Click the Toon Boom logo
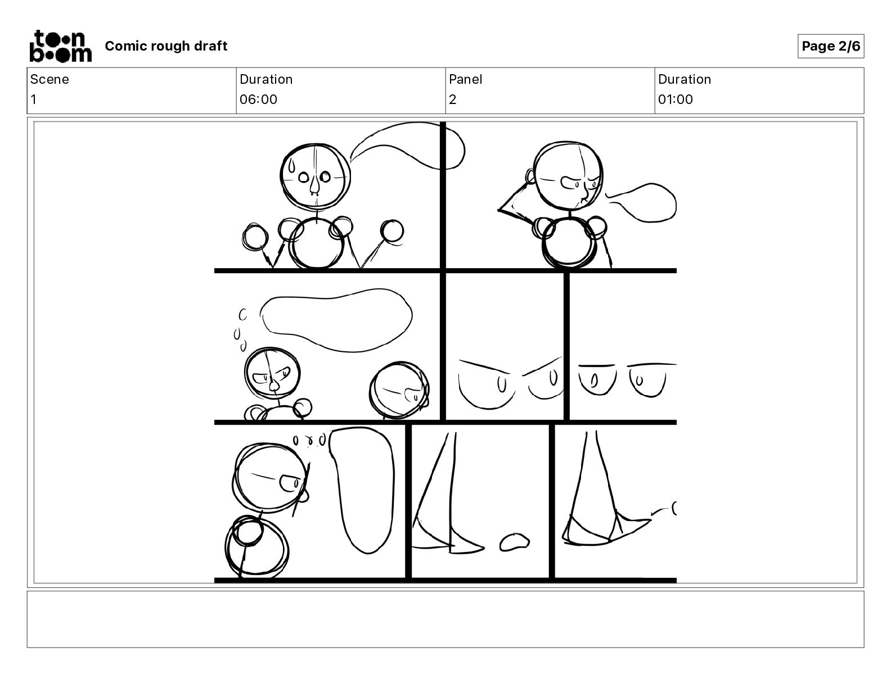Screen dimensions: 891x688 pyautogui.click(x=61, y=46)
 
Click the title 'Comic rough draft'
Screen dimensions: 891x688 pyautogui.click(x=166, y=46)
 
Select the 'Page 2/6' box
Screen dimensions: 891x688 pyautogui.click(x=831, y=46)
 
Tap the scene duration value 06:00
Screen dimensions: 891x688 pyautogui.click(x=258, y=99)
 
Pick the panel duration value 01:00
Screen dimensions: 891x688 pyautogui.click(x=676, y=99)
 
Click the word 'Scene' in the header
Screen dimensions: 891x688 pyautogui.click(x=49, y=79)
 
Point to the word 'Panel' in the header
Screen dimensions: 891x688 pyautogui.click(x=465, y=79)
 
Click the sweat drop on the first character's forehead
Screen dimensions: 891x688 pyautogui.click(x=291, y=166)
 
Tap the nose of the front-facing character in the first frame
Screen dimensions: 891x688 pyautogui.click(x=314, y=187)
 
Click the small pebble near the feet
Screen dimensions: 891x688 pyautogui.click(x=514, y=542)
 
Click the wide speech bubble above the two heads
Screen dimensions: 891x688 pyautogui.click(x=336, y=320)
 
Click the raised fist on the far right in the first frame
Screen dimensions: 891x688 pyautogui.click(x=392, y=231)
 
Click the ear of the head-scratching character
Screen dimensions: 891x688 pyautogui.click(x=530, y=176)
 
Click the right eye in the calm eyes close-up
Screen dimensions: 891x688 pyautogui.click(x=647, y=381)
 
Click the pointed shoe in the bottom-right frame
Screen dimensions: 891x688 pyautogui.click(x=607, y=532)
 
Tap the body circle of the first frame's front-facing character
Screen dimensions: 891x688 pyautogui.click(x=316, y=244)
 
